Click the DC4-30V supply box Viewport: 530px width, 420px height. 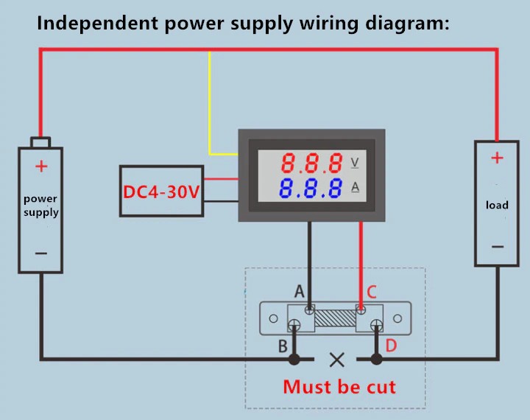161,191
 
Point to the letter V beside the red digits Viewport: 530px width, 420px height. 356,162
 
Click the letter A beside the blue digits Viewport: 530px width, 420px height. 355,188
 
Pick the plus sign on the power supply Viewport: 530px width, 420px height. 41,167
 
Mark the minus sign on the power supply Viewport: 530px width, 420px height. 41,253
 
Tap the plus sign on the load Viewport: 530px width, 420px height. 497,158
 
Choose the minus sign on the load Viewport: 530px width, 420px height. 497,246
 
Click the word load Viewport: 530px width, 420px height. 497,204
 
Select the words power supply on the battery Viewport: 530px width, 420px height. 40,206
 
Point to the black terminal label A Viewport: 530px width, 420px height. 299,292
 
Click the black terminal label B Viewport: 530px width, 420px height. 283,345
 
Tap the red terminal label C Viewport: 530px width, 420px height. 372,292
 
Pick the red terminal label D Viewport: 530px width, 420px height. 391,345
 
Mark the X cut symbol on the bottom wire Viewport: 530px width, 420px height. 337,360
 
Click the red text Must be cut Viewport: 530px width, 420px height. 339,386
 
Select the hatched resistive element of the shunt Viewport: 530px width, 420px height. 336,320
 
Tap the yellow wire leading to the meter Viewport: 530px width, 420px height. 211,111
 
